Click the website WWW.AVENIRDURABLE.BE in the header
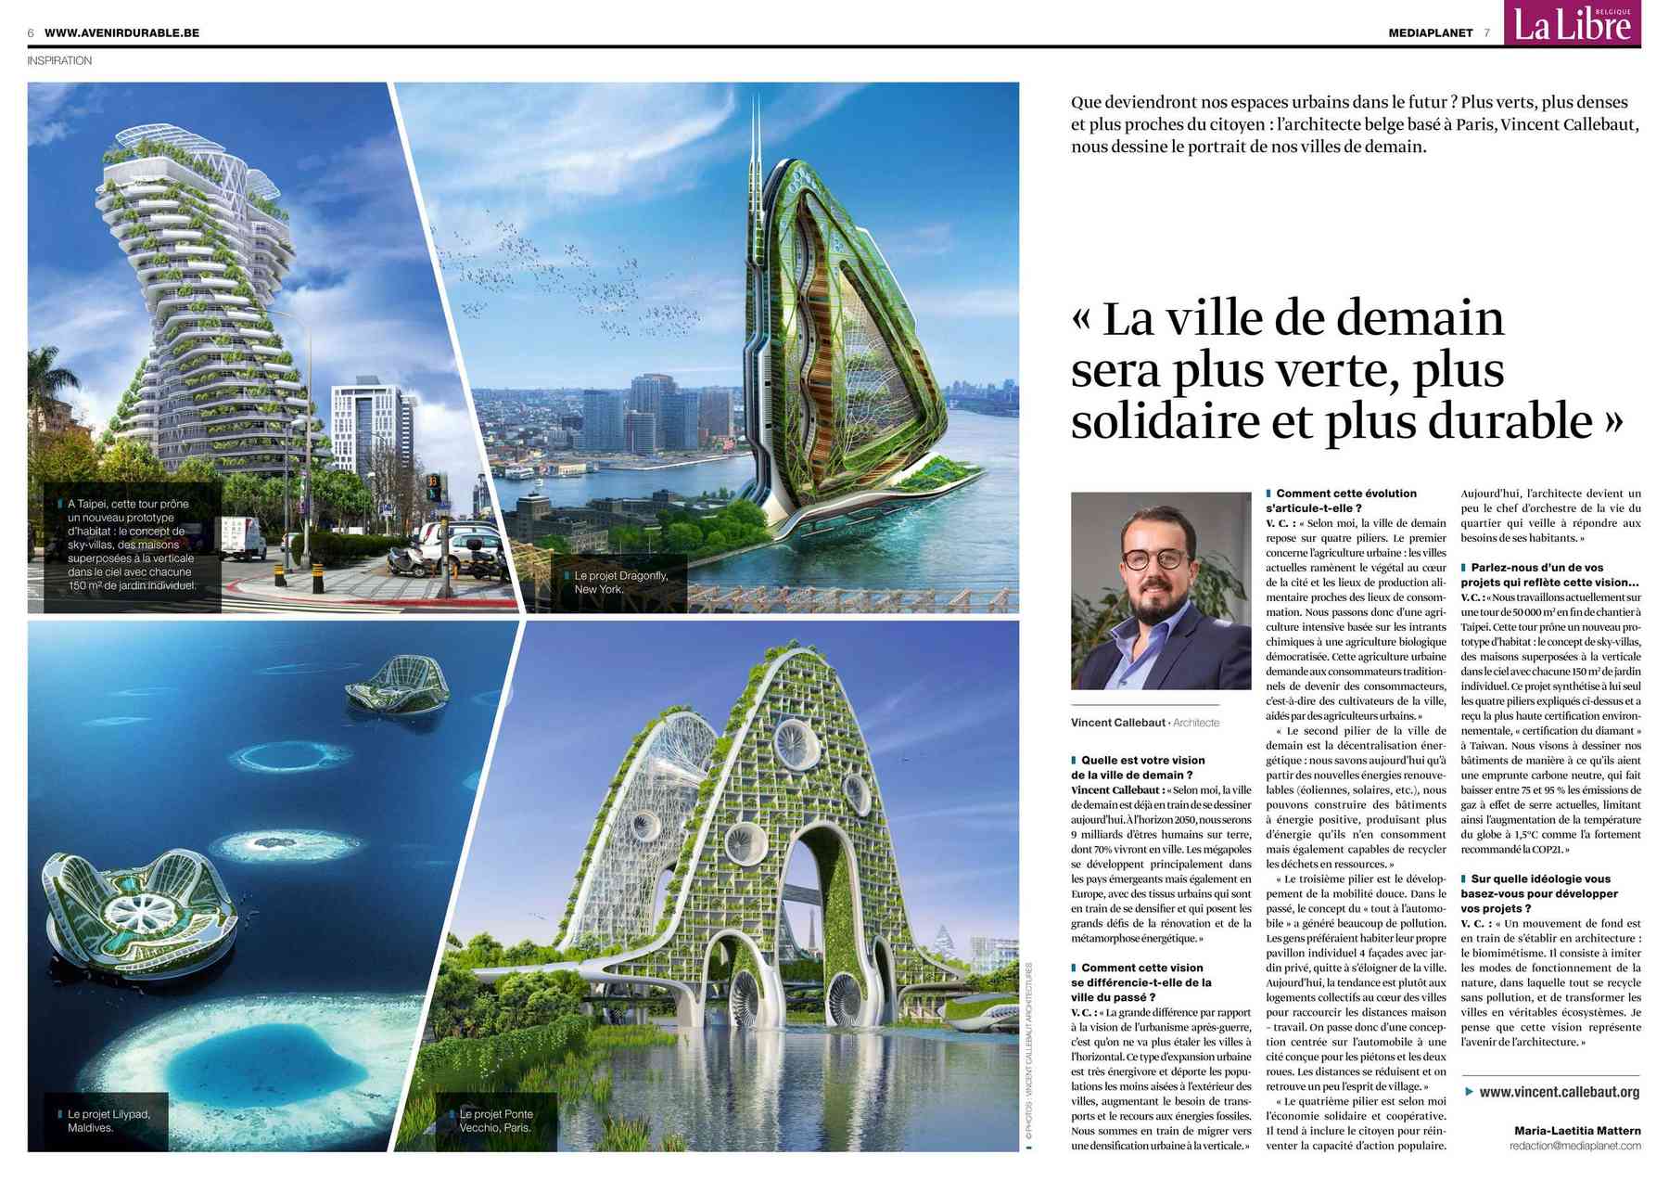pyautogui.click(x=121, y=32)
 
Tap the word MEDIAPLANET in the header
pyautogui.click(x=1430, y=32)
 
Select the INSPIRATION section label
pyautogui.click(x=59, y=60)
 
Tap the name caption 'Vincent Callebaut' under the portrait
pyautogui.click(x=1117, y=723)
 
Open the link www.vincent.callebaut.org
pyautogui.click(x=1559, y=1092)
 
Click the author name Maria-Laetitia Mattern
pyautogui.click(x=1576, y=1130)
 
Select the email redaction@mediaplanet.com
pyautogui.click(x=1574, y=1146)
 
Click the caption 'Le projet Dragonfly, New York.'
pyautogui.click(x=620, y=583)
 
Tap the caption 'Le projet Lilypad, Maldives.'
pyautogui.click(x=108, y=1121)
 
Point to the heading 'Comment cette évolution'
pyautogui.click(x=1345, y=494)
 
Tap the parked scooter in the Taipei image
pyautogui.click(x=403, y=561)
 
